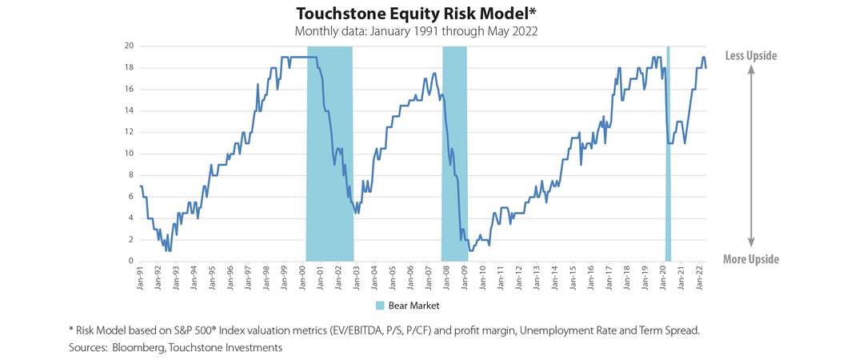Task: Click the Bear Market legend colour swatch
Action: coord(380,306)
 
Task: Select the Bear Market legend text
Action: coord(414,306)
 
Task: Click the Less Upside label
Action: coord(750,55)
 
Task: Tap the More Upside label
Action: coord(750,259)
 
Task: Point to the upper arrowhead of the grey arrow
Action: coord(750,70)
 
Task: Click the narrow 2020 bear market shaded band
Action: coord(668,152)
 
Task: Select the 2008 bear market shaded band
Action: coord(454,152)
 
